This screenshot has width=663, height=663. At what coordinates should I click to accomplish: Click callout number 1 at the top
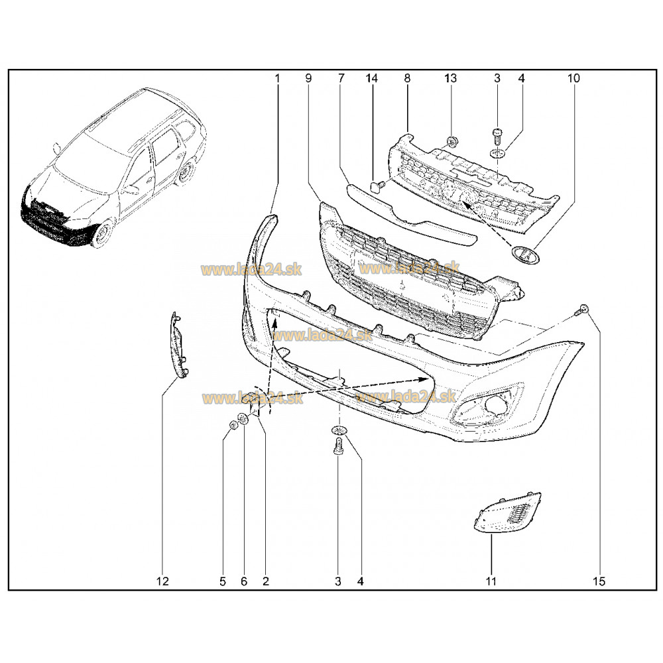pyautogui.click(x=277, y=78)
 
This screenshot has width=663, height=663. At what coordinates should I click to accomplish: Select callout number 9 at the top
pyautogui.click(x=308, y=78)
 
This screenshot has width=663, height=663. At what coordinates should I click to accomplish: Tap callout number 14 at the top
pyautogui.click(x=372, y=78)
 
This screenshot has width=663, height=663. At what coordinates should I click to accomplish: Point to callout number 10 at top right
pyautogui.click(x=573, y=78)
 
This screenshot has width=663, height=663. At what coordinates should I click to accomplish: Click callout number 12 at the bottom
pyautogui.click(x=163, y=581)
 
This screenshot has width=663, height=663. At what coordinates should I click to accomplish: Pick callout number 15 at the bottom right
pyautogui.click(x=599, y=581)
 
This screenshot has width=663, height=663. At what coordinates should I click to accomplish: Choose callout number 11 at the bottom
pyautogui.click(x=491, y=581)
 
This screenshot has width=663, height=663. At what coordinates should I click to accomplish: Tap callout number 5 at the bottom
pyautogui.click(x=223, y=581)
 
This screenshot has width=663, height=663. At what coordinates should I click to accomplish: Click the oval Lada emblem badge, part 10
pyautogui.click(x=524, y=255)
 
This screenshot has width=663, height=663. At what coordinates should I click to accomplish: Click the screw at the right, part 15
pyautogui.click(x=584, y=309)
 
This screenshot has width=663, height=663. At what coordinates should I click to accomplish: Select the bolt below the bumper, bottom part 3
pyautogui.click(x=338, y=446)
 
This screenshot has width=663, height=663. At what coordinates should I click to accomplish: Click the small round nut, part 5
pyautogui.click(x=233, y=424)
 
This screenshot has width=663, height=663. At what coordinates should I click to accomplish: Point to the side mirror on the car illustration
pyautogui.click(x=56, y=148)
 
